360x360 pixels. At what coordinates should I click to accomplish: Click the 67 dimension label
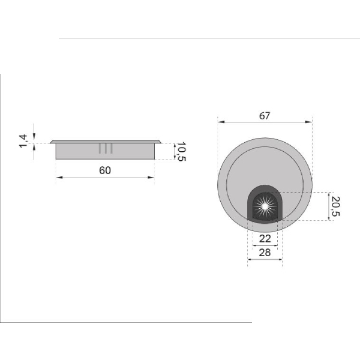(x=265, y=116)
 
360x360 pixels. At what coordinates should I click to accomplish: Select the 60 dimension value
(x=105, y=170)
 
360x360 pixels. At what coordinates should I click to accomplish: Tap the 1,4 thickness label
(x=23, y=141)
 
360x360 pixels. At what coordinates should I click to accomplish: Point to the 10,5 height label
(x=181, y=152)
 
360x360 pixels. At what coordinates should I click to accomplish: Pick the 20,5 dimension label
(x=335, y=206)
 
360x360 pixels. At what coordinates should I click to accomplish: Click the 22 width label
(x=265, y=239)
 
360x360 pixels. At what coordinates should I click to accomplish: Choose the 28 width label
(x=265, y=253)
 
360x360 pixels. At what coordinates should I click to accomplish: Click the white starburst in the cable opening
(x=265, y=206)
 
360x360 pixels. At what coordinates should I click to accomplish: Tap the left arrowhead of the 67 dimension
(x=221, y=122)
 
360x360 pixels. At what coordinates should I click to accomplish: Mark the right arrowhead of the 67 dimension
(x=308, y=122)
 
